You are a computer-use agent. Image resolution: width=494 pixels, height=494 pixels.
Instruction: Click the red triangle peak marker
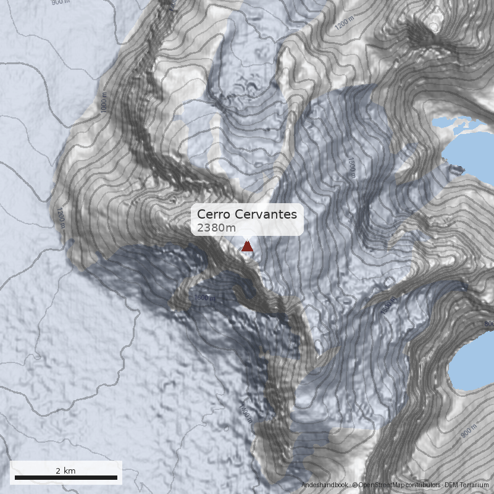click(247, 246)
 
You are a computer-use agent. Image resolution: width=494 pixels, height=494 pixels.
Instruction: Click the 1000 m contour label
click(103, 104)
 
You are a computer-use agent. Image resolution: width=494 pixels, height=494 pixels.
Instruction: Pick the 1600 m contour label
click(205, 298)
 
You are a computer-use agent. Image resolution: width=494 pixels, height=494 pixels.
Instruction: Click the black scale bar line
click(65, 477)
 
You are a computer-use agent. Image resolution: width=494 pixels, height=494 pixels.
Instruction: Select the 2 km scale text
click(65, 471)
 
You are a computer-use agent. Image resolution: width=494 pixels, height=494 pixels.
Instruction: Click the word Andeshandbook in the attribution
click(325, 485)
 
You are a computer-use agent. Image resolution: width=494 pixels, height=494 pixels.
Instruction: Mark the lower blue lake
click(475, 364)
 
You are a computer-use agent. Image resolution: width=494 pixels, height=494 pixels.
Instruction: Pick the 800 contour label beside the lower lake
click(488, 324)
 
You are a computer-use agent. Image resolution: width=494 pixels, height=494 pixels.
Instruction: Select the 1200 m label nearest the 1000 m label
click(61, 217)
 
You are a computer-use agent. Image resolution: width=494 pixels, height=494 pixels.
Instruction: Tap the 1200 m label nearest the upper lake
click(345, 23)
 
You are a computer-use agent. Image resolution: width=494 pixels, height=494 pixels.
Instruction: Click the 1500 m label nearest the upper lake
click(351, 167)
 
